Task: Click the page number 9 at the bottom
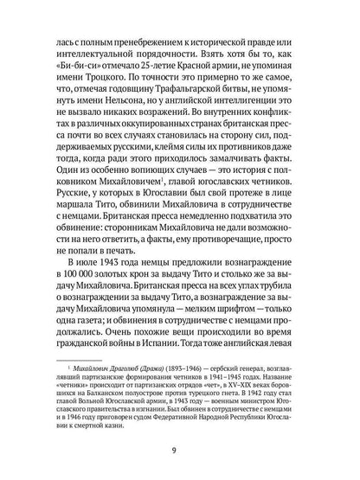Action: (x=180, y=450)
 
